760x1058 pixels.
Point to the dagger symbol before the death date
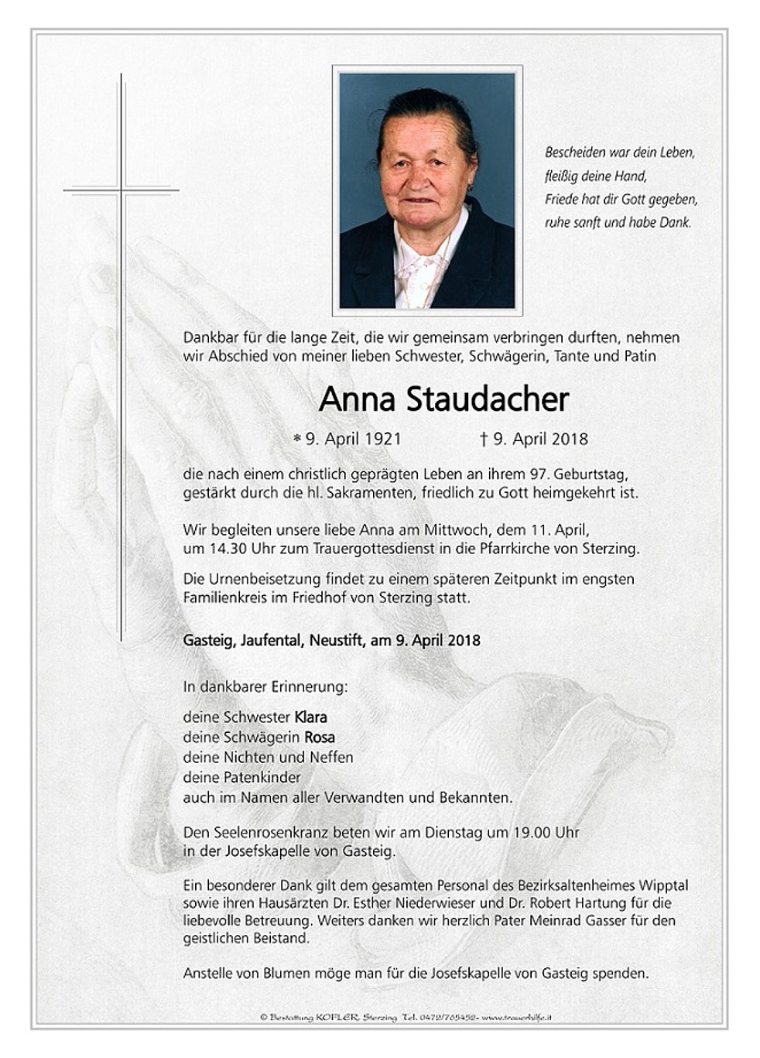pos(484,440)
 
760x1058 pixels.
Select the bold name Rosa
pos(320,738)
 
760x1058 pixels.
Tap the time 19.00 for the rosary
pos(529,833)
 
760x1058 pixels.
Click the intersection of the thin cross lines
pos(121,190)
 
